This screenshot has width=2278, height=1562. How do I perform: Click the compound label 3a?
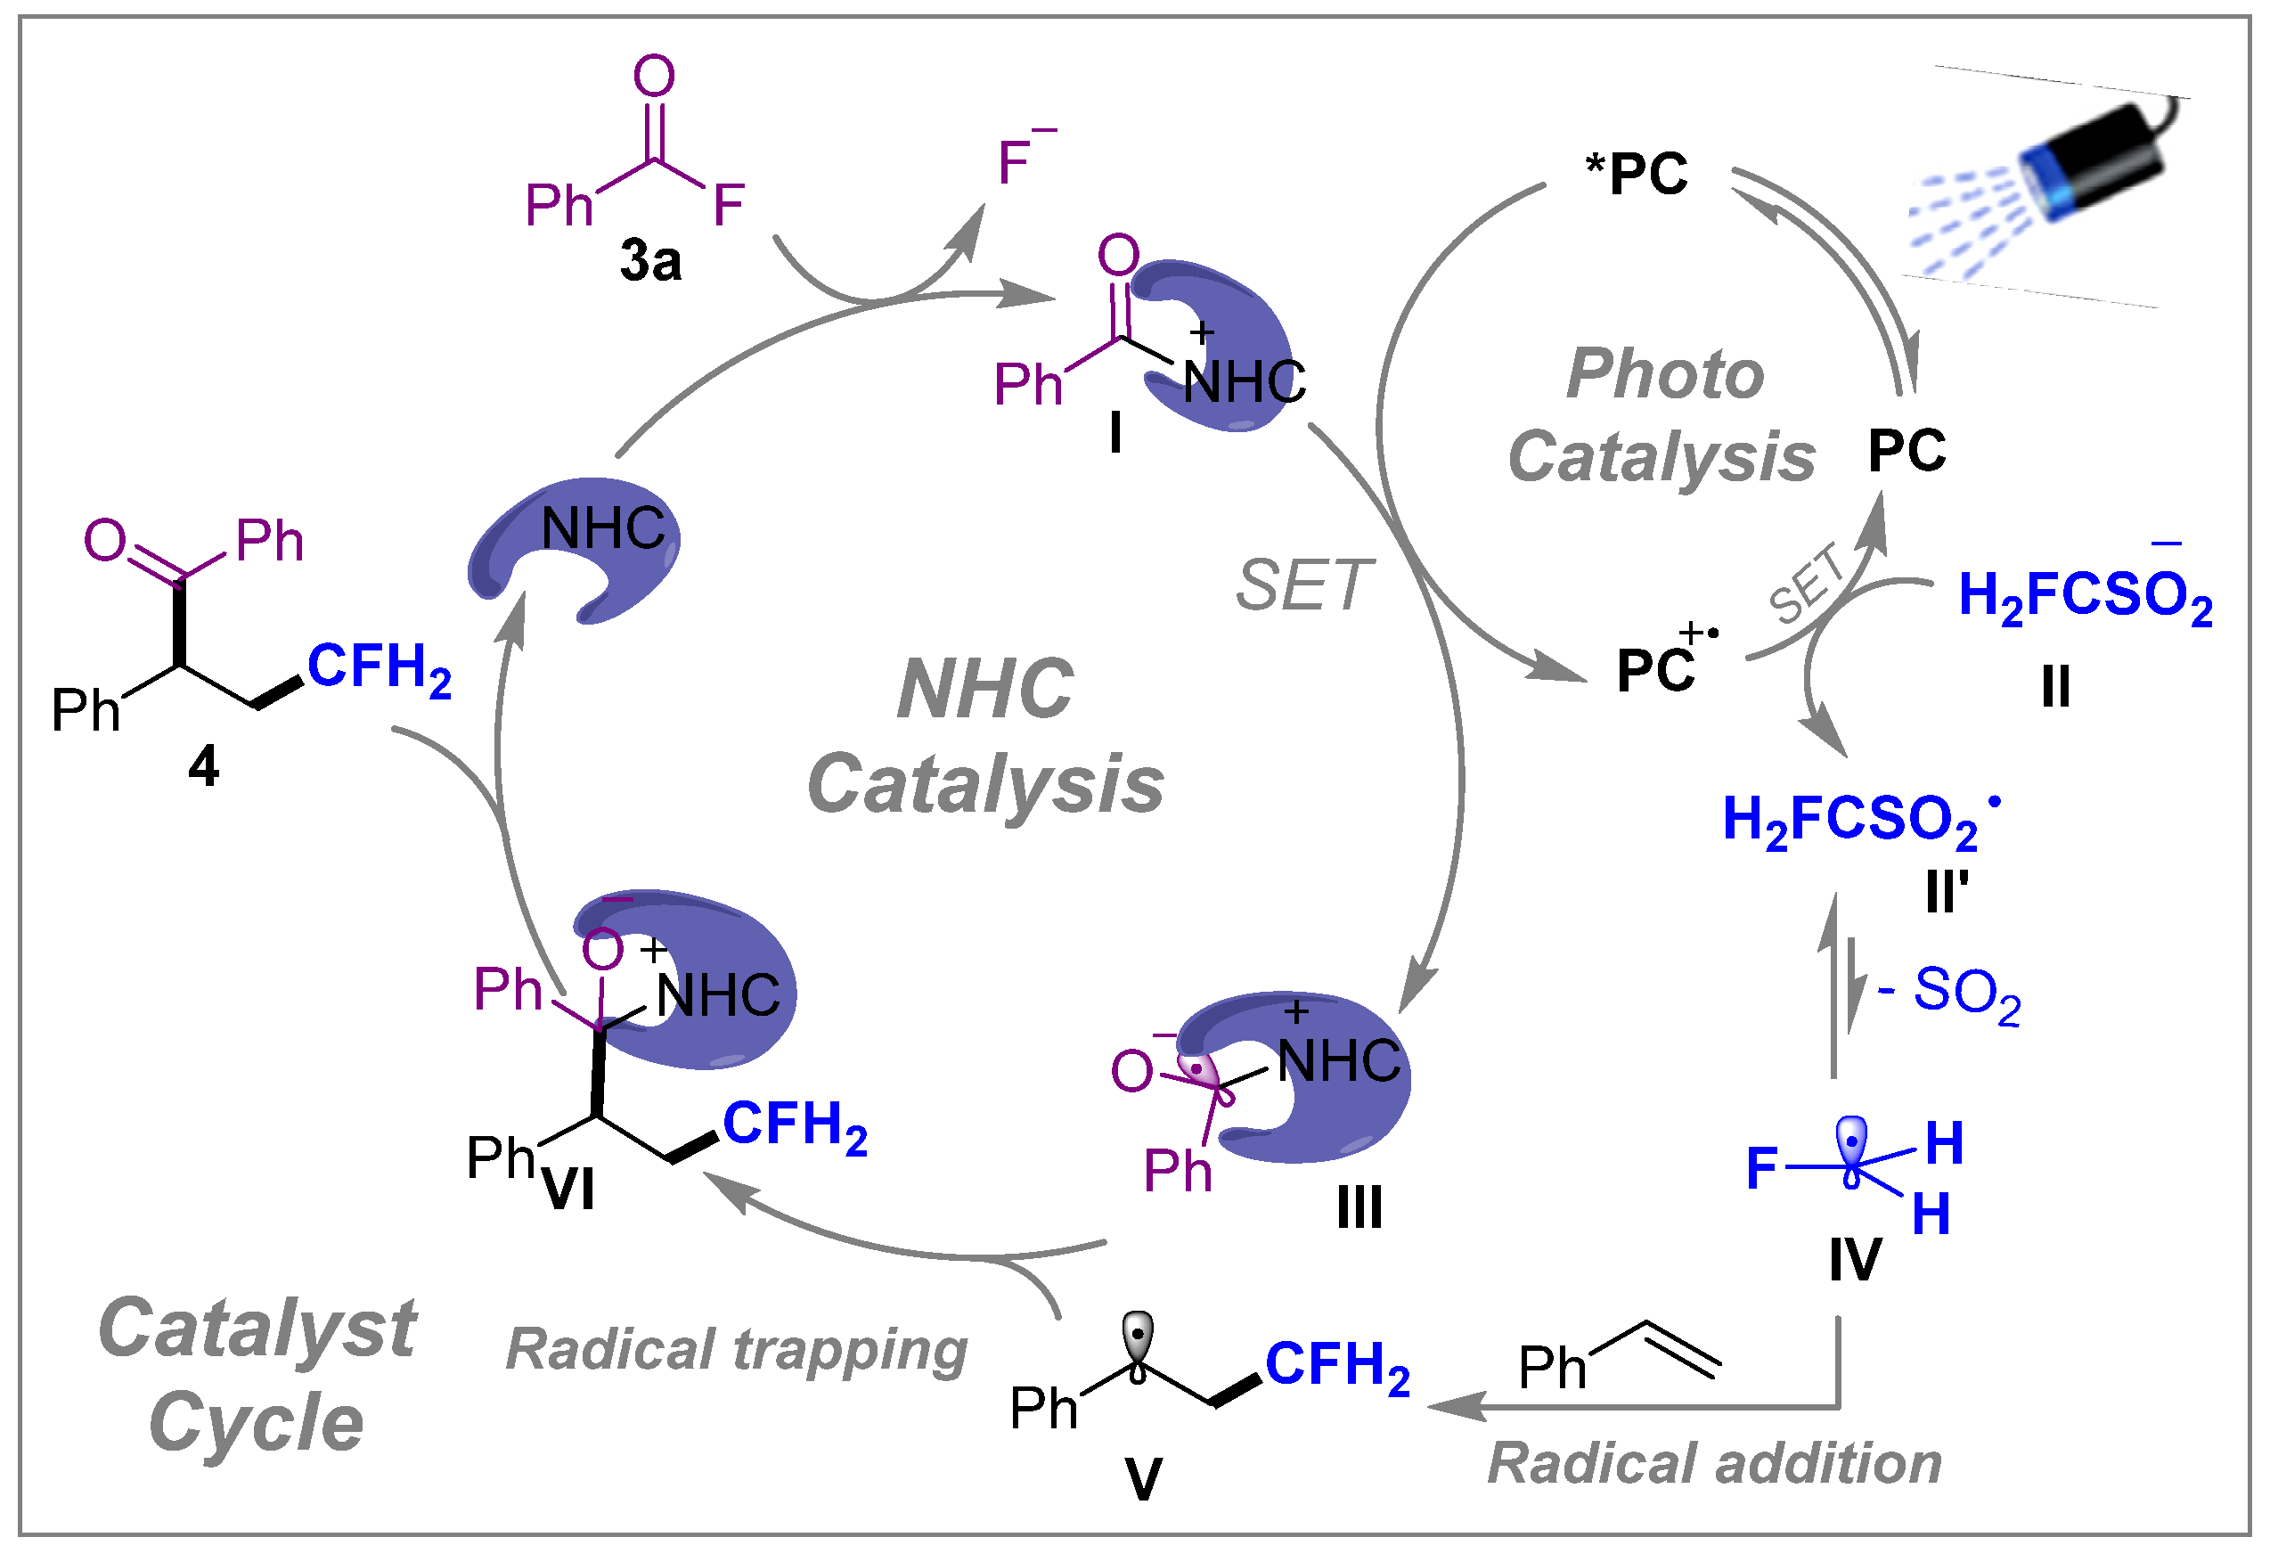click(x=651, y=262)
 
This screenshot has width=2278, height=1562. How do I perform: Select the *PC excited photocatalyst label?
click(x=1637, y=175)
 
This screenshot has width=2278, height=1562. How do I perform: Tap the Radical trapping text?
click(x=737, y=1351)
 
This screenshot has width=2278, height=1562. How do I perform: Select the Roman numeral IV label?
click(x=1856, y=1260)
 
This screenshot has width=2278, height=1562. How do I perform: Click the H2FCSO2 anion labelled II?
click(x=2086, y=596)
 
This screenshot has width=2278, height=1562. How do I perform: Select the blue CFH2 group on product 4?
click(x=380, y=668)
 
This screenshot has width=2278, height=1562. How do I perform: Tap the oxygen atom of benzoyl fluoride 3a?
click(x=654, y=77)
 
